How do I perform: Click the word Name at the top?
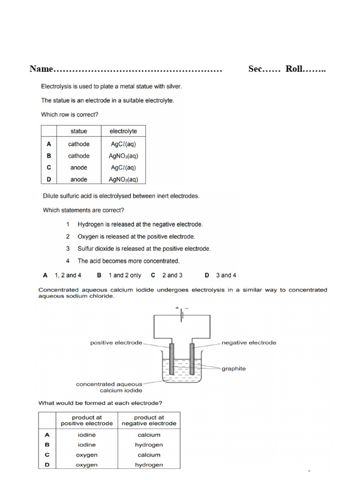41,69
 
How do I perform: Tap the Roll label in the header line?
295,69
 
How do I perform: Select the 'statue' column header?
79,131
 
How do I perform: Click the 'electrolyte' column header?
123,131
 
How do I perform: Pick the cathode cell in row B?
79,156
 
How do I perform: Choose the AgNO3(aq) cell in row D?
123,179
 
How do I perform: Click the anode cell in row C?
79,167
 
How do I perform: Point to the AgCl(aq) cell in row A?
123,144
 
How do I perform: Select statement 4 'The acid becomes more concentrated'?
128,261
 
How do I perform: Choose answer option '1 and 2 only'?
124,275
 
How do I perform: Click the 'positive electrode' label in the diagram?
116,343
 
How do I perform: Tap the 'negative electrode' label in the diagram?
249,342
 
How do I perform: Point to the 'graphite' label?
234,368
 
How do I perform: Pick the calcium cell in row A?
149,435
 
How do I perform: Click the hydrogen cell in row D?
149,465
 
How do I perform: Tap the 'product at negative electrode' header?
149,420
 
